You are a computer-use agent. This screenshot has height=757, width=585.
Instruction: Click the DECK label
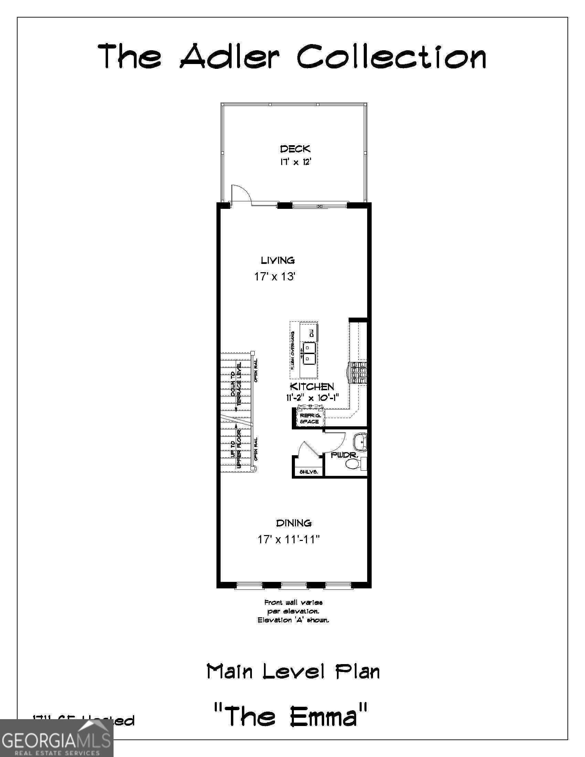pos(295,149)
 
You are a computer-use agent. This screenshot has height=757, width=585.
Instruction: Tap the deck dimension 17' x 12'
pos(294,162)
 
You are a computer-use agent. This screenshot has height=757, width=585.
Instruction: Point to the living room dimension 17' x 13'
pos(275,277)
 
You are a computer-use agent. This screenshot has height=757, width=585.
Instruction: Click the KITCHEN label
pos(311,386)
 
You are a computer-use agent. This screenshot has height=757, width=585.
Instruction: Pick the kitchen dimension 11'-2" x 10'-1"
pos(312,398)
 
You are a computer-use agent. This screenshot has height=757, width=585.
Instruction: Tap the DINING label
pos(294,523)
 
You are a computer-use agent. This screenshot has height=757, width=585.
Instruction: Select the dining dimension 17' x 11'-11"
pos(288,539)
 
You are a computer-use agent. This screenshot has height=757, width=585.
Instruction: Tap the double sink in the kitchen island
pos(309,353)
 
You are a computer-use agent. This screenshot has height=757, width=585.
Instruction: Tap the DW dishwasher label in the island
pos(311,333)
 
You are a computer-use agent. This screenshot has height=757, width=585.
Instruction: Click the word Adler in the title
pos(230,56)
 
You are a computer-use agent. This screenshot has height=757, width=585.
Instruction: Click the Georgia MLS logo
pos(56,737)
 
